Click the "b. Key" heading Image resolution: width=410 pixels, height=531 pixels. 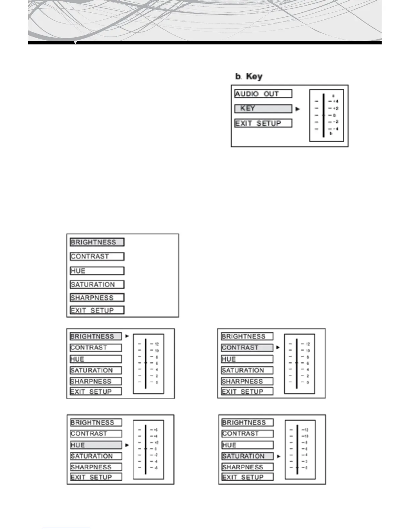249,76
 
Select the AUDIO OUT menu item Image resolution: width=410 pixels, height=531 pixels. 263,94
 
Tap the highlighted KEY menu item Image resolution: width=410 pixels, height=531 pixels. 263,109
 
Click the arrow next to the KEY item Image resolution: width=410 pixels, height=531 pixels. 298,109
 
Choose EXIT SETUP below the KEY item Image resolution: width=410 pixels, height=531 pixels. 263,123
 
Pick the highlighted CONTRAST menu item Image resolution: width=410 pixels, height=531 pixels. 247,348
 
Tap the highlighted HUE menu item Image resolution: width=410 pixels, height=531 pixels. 96,445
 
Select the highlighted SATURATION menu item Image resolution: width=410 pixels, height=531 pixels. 247,456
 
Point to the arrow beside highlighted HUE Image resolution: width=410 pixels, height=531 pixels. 127,445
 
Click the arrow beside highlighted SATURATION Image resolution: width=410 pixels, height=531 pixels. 279,456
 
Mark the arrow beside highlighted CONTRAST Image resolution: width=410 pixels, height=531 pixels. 278,348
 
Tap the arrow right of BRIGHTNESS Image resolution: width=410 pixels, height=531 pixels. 127,336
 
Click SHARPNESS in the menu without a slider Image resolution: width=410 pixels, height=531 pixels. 97,298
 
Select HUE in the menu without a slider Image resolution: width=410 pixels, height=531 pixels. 97,271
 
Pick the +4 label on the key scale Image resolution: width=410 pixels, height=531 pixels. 336,101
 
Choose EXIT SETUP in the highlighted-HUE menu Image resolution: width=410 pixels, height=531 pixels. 96,477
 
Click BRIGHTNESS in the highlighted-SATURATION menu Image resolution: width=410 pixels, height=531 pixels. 247,423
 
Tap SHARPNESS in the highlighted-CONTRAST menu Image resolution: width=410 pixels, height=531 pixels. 247,381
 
